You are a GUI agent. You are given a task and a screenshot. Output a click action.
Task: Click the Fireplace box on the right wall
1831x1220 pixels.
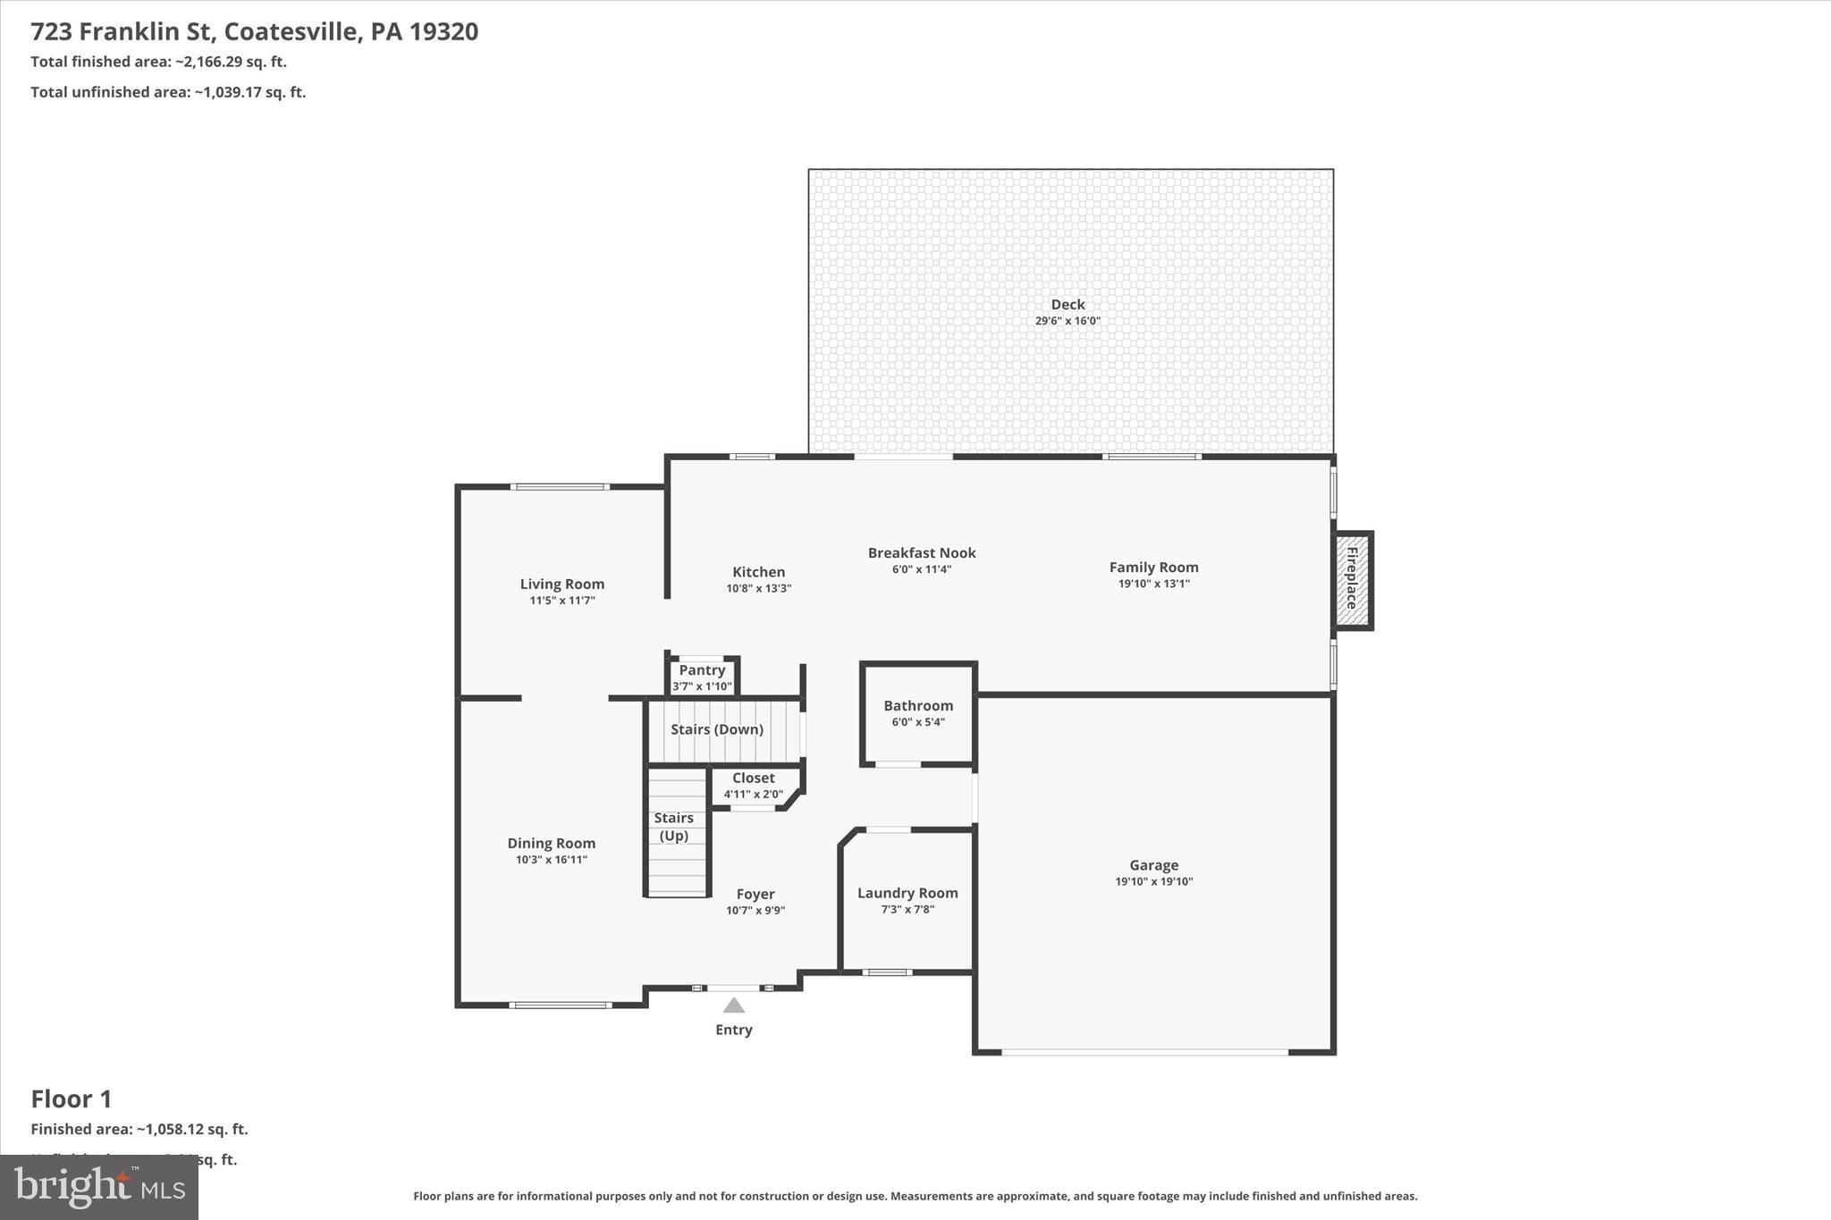[1353, 580]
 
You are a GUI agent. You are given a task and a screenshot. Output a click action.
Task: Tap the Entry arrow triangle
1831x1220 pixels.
[733, 1005]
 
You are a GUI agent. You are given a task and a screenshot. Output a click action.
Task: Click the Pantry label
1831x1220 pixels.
[702, 670]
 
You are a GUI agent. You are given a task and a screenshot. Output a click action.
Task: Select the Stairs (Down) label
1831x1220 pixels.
[717, 729]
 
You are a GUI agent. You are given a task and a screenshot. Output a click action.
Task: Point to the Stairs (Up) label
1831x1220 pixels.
[673, 827]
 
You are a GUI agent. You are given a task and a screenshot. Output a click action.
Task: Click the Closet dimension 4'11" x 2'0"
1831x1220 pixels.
[753, 794]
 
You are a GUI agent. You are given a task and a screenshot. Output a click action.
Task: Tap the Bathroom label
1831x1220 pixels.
[918, 706]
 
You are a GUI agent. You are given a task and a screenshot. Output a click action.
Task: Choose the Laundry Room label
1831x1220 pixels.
[907, 893]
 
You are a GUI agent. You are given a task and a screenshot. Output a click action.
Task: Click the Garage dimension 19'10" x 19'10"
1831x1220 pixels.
[1153, 881]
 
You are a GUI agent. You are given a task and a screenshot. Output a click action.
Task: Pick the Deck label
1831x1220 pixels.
[1067, 305]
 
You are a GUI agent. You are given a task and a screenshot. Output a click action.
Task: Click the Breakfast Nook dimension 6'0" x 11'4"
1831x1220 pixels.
[921, 569]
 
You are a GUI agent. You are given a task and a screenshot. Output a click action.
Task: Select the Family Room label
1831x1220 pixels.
[1153, 568]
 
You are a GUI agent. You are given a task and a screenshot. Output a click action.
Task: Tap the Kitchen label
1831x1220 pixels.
[758, 572]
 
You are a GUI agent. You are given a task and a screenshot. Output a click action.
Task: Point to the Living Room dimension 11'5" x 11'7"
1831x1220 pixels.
[561, 601]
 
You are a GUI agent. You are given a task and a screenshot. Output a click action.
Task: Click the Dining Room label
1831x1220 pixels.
[551, 843]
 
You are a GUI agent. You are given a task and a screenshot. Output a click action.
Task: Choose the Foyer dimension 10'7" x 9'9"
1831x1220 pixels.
[755, 911]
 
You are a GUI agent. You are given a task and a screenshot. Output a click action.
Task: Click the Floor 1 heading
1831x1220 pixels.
[72, 1098]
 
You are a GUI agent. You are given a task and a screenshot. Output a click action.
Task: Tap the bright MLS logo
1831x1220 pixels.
[98, 1187]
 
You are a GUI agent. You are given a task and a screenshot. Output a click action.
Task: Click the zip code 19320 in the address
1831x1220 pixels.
[444, 32]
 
